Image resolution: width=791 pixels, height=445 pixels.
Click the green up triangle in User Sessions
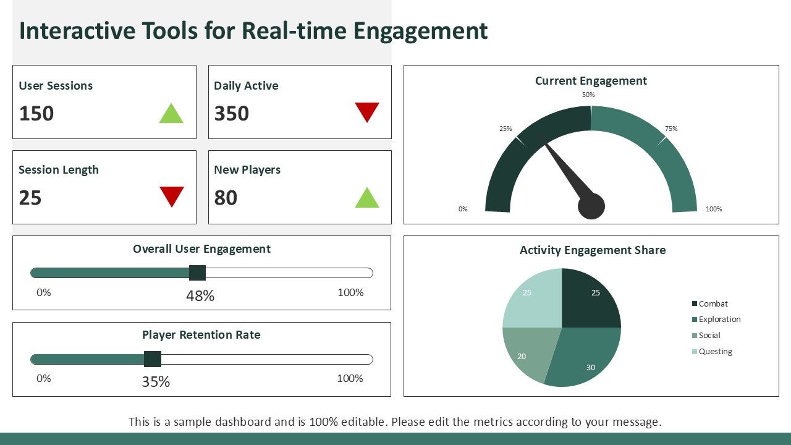pyautogui.click(x=171, y=114)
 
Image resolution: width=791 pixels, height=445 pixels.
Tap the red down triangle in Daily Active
pyautogui.click(x=366, y=111)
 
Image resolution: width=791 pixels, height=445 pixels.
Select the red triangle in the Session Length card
pyautogui.click(x=172, y=195)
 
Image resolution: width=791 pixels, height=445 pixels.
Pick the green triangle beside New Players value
pyautogui.click(x=366, y=198)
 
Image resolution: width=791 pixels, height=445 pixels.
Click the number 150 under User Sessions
pyautogui.click(x=36, y=114)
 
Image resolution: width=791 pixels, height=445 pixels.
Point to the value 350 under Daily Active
pyautogui.click(x=232, y=114)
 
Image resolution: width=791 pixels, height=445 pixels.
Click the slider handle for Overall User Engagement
pyautogui.click(x=197, y=273)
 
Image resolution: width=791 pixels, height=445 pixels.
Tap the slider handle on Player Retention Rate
pyautogui.click(x=153, y=359)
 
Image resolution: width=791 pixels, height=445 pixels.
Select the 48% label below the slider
pyautogui.click(x=200, y=296)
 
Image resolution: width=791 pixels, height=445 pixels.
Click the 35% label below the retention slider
pyautogui.click(x=156, y=382)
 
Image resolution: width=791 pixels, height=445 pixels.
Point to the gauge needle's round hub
pyautogui.click(x=591, y=206)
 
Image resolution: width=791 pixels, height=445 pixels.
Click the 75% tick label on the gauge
pyautogui.click(x=671, y=129)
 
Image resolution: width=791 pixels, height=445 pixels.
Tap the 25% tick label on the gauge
pyautogui.click(x=505, y=129)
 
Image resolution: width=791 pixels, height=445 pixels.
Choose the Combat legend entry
pyautogui.click(x=713, y=303)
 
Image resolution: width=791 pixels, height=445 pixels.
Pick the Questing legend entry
pyautogui.click(x=715, y=352)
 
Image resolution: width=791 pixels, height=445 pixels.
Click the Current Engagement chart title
pyautogui.click(x=591, y=81)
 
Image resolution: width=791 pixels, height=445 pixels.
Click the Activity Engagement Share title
pyautogui.click(x=592, y=250)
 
